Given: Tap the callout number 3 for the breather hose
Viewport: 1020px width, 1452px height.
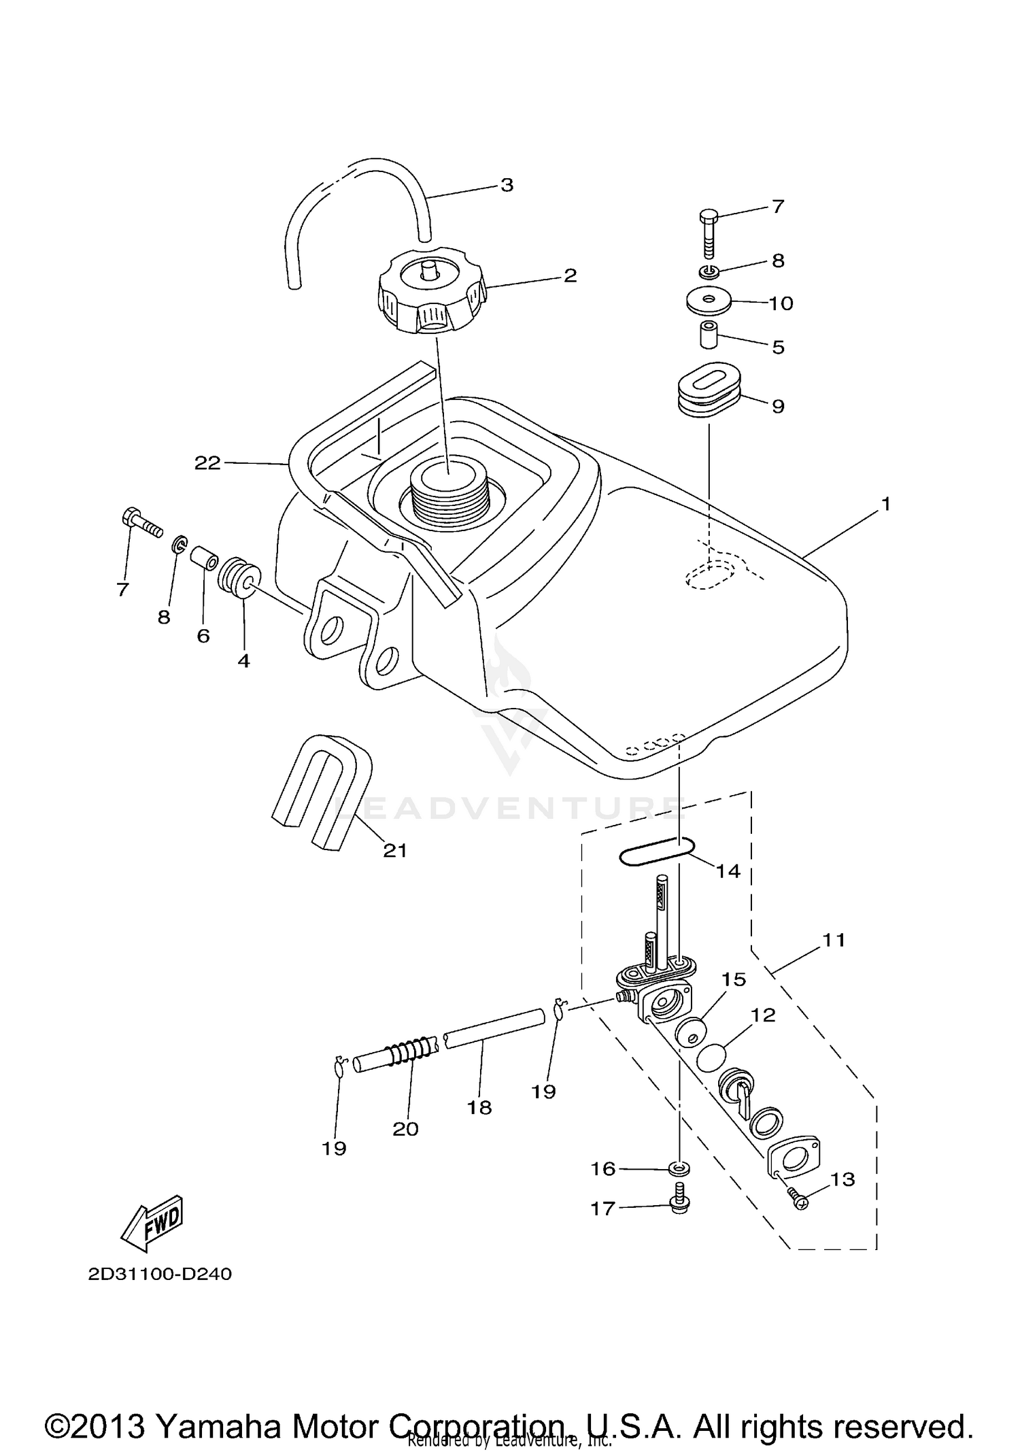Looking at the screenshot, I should [507, 185].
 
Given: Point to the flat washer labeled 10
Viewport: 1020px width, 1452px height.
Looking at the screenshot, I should [709, 301].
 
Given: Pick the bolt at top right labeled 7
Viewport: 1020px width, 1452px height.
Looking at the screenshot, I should [708, 233].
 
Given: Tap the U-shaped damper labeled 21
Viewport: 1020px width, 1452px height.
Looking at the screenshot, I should [324, 790].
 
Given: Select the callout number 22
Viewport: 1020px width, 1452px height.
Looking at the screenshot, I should [207, 463].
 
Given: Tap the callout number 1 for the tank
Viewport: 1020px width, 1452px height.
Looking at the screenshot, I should [885, 504].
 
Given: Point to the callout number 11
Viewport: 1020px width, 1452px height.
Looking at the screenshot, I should [834, 940].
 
